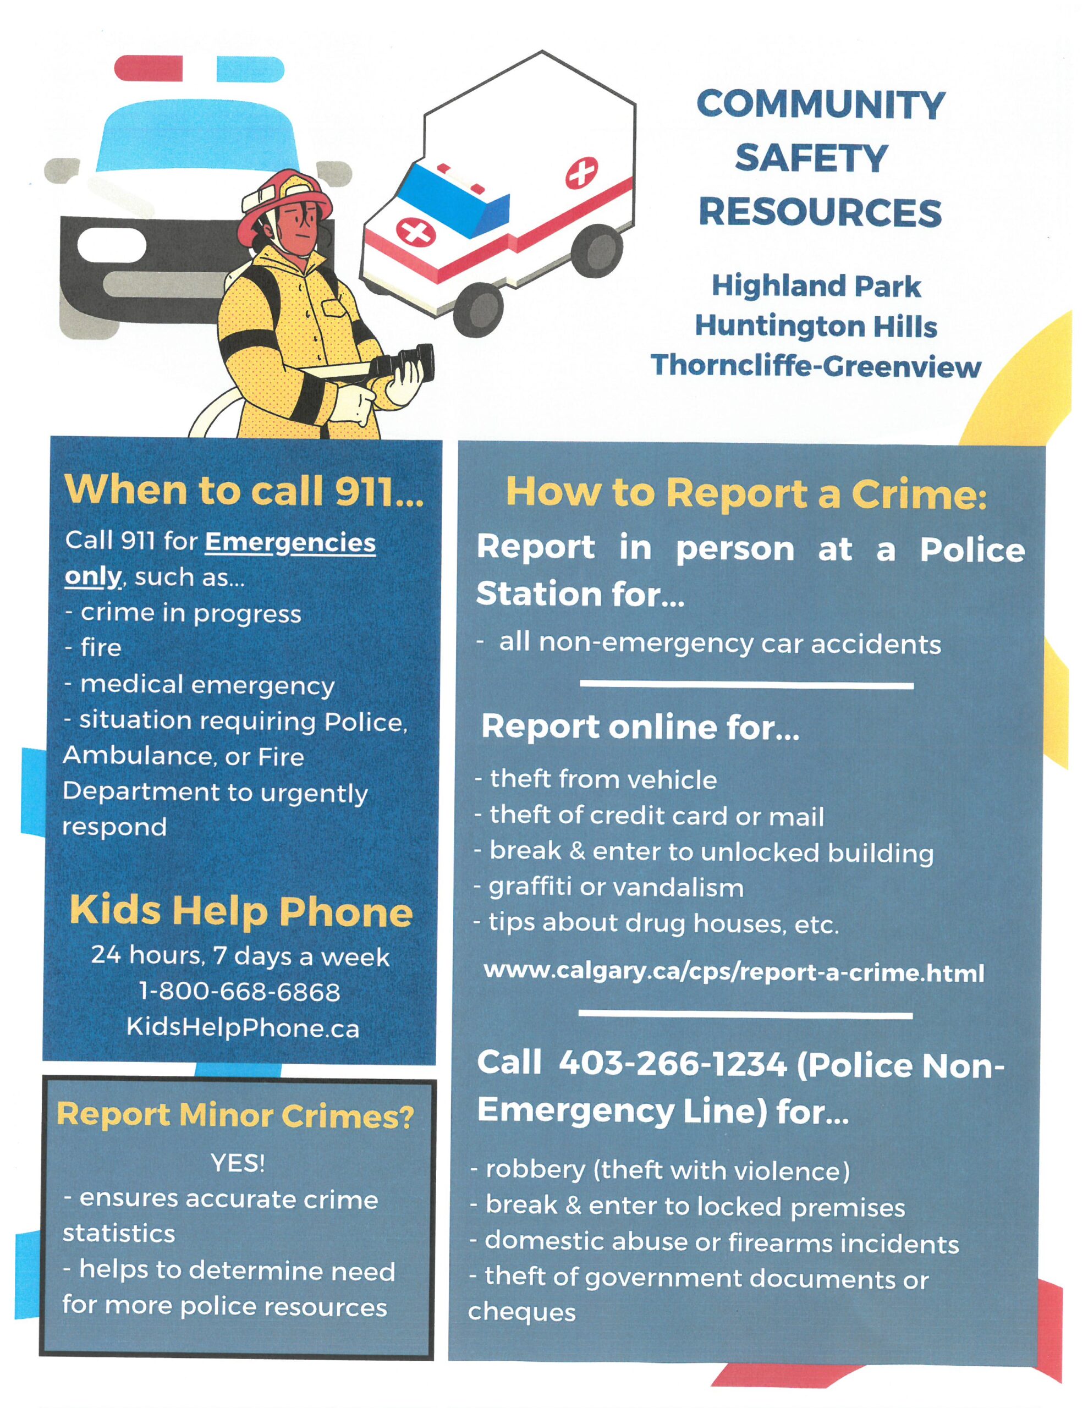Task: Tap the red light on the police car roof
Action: click(x=149, y=68)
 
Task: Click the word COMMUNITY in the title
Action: click(x=820, y=105)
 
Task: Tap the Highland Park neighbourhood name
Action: click(x=816, y=285)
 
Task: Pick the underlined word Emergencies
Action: click(x=290, y=542)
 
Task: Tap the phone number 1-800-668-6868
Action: click(x=239, y=992)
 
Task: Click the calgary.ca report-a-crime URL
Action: click(x=734, y=972)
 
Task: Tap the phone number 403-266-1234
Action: click(x=673, y=1063)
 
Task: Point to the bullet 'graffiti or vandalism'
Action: click(x=616, y=888)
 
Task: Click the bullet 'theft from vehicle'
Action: click(x=603, y=779)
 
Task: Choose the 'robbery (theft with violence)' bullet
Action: click(x=668, y=1170)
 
